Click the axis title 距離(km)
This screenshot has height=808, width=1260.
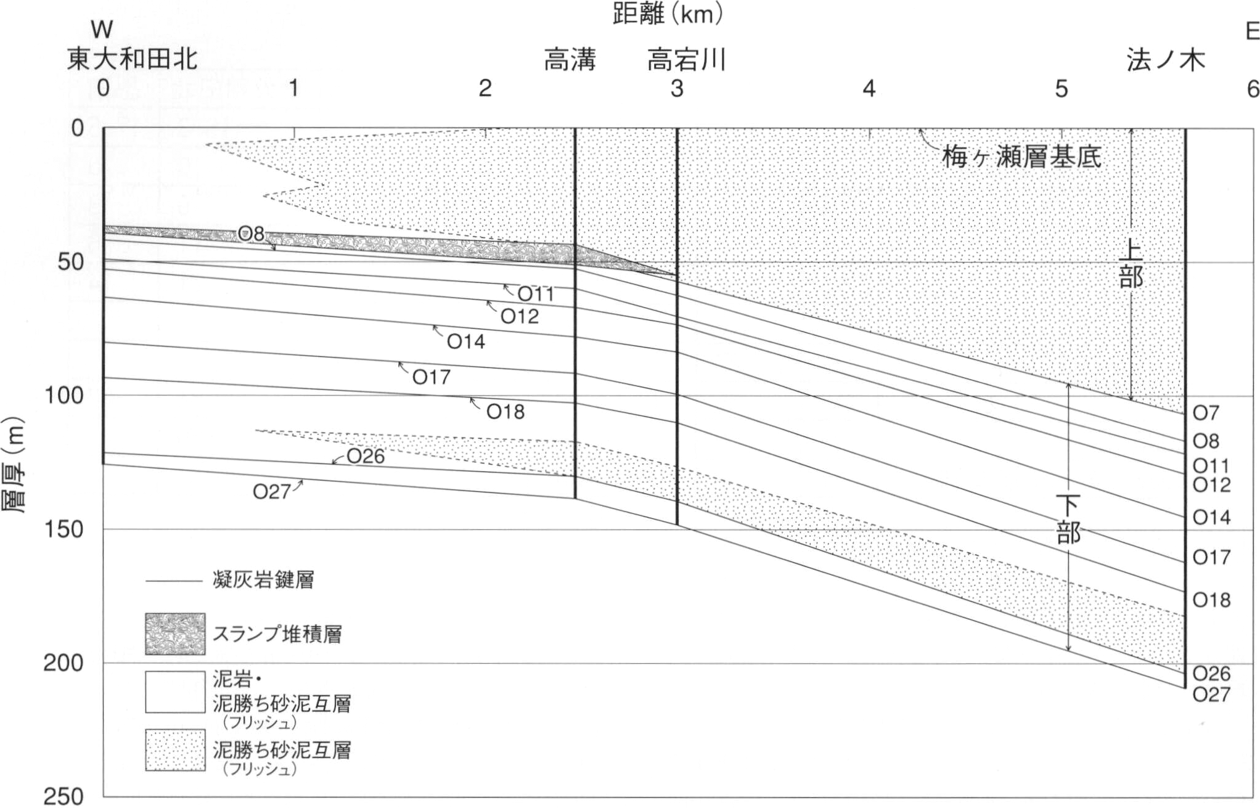pyautogui.click(x=667, y=14)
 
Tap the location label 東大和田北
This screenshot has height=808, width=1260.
pyautogui.click(x=133, y=59)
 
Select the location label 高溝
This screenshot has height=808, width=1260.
pyautogui.click(x=570, y=60)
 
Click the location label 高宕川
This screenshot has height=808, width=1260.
pyautogui.click(x=686, y=60)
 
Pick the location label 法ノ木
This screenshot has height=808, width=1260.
pyautogui.click(x=1166, y=60)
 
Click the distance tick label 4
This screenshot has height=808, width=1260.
pyautogui.click(x=869, y=89)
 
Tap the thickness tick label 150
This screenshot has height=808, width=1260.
pyautogui.click(x=63, y=529)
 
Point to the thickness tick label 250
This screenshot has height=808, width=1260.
pyautogui.click(x=63, y=796)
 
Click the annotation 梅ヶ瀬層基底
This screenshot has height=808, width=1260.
pyautogui.click(x=1021, y=158)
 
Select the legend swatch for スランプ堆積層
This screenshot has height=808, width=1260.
pyautogui.click(x=175, y=634)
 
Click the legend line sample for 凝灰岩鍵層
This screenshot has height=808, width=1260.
pyautogui.click(x=174, y=581)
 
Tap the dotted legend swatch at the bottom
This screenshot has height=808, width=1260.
pyautogui.click(x=175, y=750)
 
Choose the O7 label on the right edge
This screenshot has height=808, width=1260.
pyautogui.click(x=1206, y=412)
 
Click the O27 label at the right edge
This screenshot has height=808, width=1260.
pyautogui.click(x=1212, y=695)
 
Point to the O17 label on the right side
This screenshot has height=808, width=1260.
pyautogui.click(x=1212, y=557)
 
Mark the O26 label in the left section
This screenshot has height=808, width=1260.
pyautogui.click(x=366, y=456)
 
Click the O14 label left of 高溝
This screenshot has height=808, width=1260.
pyautogui.click(x=466, y=341)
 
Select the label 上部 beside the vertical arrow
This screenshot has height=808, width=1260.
pyautogui.click(x=1131, y=264)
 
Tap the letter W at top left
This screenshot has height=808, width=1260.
pyautogui.click(x=102, y=30)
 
